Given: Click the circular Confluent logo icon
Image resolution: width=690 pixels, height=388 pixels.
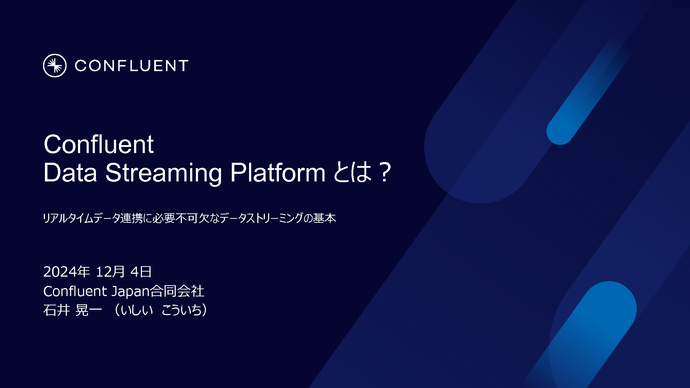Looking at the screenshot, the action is click(55, 66).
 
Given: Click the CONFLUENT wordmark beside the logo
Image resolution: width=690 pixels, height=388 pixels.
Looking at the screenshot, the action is click(132, 66).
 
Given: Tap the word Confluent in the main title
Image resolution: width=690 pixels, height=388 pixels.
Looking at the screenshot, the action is click(99, 144).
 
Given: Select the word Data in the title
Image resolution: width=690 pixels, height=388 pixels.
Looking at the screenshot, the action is click(70, 173).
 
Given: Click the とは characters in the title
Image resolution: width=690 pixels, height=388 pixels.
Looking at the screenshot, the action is click(353, 172).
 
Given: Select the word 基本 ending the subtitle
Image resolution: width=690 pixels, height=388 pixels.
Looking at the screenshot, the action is click(325, 218).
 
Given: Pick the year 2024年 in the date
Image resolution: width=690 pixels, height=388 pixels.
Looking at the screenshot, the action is click(66, 272).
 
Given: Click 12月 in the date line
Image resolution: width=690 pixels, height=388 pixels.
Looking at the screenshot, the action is click(110, 272).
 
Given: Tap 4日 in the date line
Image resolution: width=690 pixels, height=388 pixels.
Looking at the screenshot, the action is click(141, 272).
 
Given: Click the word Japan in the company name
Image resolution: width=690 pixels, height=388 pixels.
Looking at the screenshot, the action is click(130, 291).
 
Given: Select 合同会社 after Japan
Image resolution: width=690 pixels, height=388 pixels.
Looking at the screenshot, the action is click(177, 291).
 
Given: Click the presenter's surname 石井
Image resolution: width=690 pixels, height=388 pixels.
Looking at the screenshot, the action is click(56, 310).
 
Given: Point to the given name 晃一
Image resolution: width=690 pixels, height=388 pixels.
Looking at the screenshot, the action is click(89, 310).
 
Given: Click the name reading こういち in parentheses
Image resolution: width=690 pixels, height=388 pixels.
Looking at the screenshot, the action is click(181, 310).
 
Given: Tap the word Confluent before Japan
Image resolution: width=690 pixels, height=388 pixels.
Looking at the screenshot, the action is click(75, 291).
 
